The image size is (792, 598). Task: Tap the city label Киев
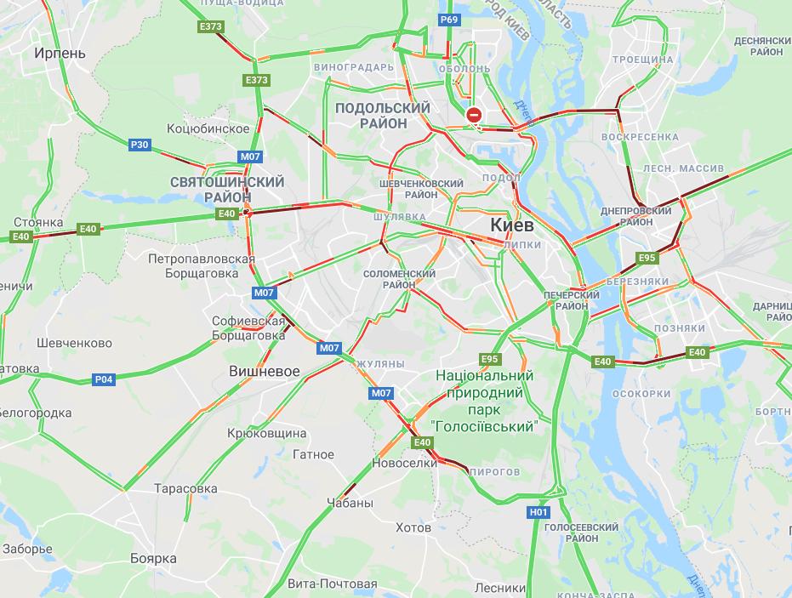[512, 225]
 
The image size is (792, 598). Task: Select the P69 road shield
[449, 20]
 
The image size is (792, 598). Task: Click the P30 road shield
[140, 145]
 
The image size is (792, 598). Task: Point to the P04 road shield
[104, 379]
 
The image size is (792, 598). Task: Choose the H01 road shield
[538, 512]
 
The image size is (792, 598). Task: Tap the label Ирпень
[60, 53]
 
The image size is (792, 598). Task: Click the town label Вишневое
[265, 372]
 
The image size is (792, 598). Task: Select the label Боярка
[153, 558]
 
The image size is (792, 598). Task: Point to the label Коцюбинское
[209, 128]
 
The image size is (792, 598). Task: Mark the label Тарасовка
[185, 489]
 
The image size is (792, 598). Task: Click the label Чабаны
[350, 503]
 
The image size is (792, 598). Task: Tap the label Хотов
[413, 527]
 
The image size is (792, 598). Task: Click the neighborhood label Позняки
[680, 328]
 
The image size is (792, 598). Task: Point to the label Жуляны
[379, 364]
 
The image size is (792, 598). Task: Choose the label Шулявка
[399, 217]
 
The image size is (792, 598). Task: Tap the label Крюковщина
[266, 433]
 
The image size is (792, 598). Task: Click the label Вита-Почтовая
[332, 584]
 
